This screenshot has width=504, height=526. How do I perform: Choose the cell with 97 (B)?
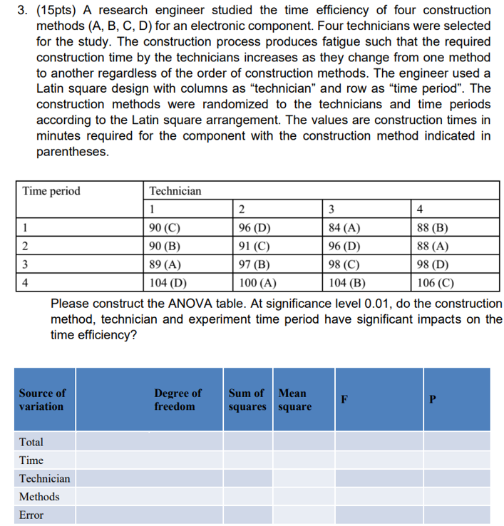pos(253,263)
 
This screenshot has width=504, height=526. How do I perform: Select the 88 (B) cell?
pos(433,228)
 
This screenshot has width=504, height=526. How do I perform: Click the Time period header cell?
pos(51,191)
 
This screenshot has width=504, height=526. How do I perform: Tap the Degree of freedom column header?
pos(178,399)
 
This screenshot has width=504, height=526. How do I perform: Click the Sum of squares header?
pos(246,399)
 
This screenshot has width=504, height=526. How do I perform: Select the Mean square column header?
pos(294,399)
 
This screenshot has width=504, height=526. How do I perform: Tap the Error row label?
pos(31,515)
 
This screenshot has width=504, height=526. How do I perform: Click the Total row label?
pos(31,442)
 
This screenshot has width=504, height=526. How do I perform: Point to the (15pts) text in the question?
pos(73,10)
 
